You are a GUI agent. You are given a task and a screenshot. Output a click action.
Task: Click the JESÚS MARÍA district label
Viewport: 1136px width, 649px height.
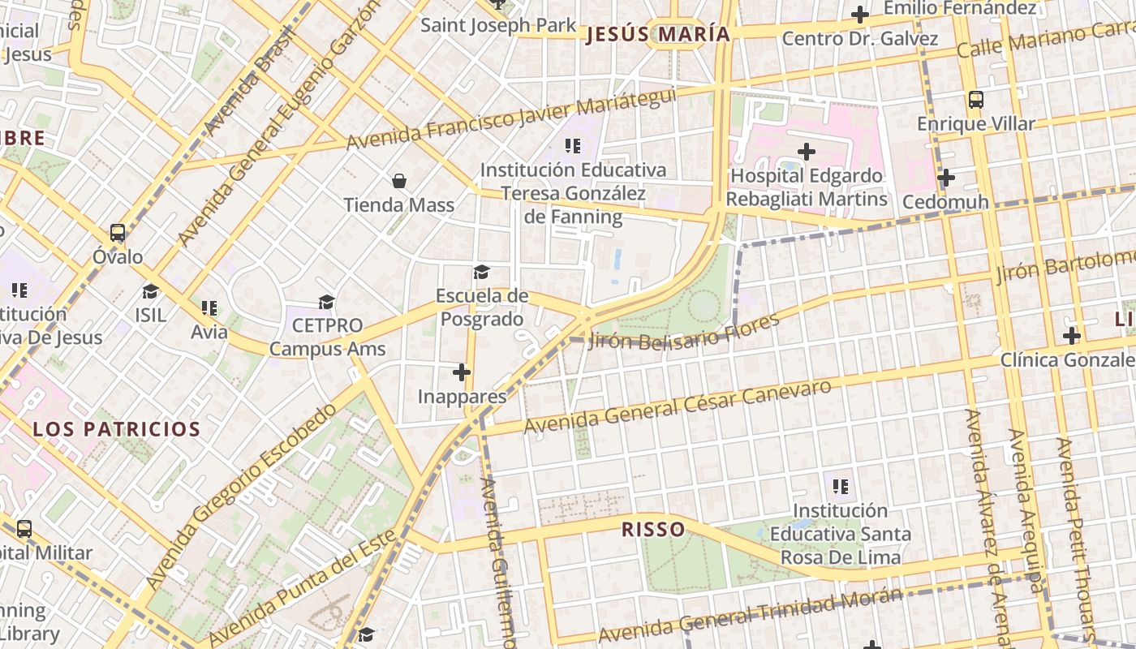pyautogui.click(x=657, y=34)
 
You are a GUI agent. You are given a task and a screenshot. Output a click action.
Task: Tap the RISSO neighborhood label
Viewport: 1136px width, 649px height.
pyautogui.click(x=653, y=530)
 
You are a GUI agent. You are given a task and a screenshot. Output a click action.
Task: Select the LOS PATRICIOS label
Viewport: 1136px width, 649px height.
pyautogui.click(x=116, y=429)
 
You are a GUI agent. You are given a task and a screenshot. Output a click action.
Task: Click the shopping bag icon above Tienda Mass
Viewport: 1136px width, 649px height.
pyautogui.click(x=399, y=180)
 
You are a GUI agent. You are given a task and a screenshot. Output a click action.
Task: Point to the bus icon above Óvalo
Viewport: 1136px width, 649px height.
pyautogui.click(x=118, y=233)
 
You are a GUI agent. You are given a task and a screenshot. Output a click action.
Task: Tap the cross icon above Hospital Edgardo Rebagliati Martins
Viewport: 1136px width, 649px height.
pyautogui.click(x=806, y=151)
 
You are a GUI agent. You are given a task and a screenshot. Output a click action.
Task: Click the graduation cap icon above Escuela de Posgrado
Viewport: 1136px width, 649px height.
pyautogui.click(x=482, y=272)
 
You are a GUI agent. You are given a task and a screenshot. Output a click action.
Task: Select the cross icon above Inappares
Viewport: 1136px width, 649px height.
pyautogui.click(x=462, y=372)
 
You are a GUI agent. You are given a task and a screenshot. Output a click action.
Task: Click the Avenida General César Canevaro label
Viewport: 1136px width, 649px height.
pyautogui.click(x=678, y=406)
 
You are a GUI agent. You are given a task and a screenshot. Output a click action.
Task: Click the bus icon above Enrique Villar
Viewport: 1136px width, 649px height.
pyautogui.click(x=976, y=100)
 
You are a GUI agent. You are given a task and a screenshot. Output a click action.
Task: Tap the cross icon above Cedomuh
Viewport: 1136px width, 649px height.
pyautogui.click(x=945, y=177)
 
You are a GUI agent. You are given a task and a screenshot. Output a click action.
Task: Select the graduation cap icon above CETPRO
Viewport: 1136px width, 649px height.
pyautogui.click(x=326, y=302)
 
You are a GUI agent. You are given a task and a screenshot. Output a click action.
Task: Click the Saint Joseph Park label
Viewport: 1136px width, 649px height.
pyautogui.click(x=498, y=25)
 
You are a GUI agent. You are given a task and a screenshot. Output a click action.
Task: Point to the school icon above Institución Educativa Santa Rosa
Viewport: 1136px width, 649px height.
pyautogui.click(x=841, y=487)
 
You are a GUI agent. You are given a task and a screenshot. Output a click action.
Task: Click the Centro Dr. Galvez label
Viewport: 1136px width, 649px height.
pyautogui.click(x=860, y=38)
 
